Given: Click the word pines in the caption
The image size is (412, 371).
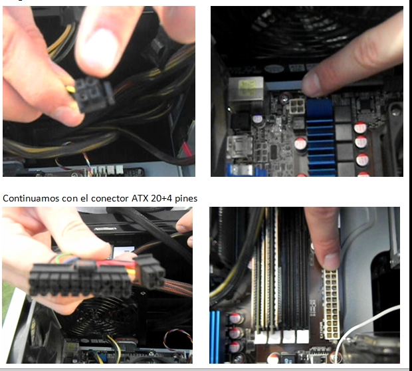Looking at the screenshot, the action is pyautogui.click(x=186, y=199).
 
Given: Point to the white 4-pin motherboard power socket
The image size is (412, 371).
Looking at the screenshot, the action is pyautogui.click(x=297, y=106).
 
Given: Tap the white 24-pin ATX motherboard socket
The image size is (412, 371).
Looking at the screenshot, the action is pyautogui.click(x=331, y=305).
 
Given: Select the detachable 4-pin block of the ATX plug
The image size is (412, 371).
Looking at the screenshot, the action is pyautogui.click(x=150, y=271).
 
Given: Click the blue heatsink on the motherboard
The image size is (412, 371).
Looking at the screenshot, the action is pyautogui.click(x=320, y=137).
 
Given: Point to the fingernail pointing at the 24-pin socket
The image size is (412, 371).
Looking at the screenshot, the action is pyautogui.click(x=331, y=261).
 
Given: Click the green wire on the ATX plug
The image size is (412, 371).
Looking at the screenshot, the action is pyautogui.click(x=63, y=257).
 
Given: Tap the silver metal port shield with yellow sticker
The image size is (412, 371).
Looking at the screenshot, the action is pyautogui.click(x=246, y=89).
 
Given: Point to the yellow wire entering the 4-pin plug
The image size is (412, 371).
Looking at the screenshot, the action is pyautogui.click(x=70, y=89).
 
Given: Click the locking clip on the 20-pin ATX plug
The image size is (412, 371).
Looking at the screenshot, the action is pyautogui.click(x=86, y=265).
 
